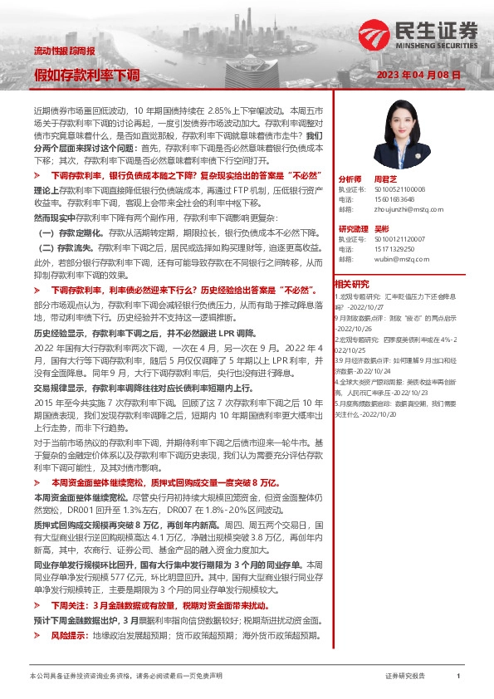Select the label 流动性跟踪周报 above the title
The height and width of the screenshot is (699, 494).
tap(65, 51)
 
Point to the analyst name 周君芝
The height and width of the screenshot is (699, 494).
tap(383, 178)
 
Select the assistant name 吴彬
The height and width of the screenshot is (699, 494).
tap(382, 227)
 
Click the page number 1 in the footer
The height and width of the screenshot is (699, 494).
tap(458, 677)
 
